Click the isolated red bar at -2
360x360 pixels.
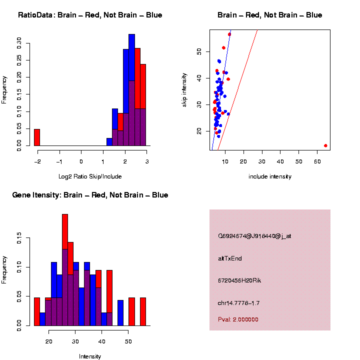36,137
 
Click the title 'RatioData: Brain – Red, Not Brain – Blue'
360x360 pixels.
90,15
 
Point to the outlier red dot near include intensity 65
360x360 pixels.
325,145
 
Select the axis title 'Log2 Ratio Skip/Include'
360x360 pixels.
90,176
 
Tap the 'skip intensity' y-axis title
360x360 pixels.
184,89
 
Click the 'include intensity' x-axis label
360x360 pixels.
270,176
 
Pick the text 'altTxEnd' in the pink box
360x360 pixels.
230,258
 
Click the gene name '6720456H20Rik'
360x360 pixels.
239,280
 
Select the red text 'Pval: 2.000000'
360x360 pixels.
238,319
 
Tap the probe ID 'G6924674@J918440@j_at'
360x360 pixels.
254,236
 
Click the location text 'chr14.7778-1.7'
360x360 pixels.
238,303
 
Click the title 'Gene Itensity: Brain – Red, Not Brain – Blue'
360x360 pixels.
90,195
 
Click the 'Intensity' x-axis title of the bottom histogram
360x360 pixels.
90,356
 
